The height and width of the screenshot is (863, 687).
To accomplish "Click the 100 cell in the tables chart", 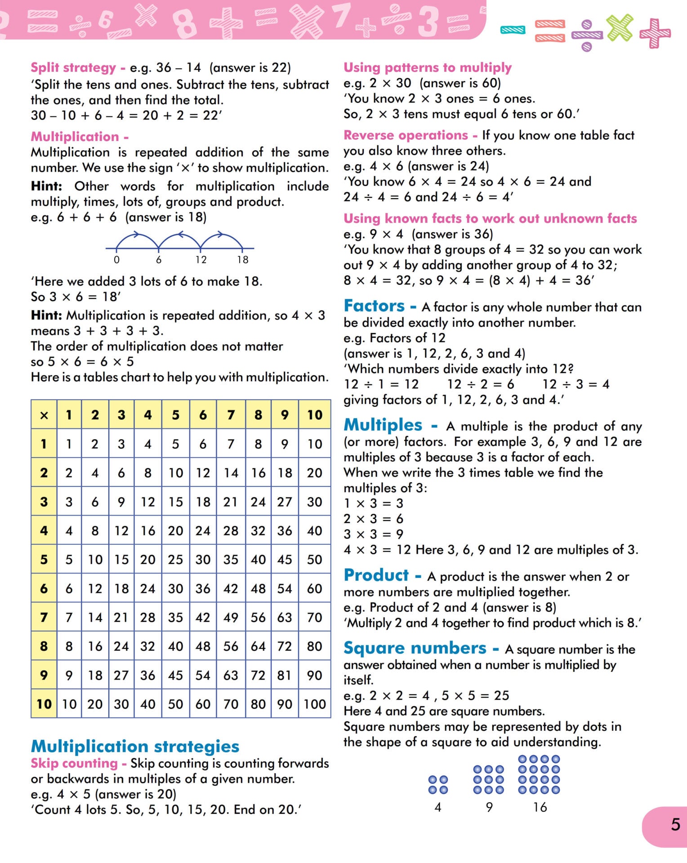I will [315, 704].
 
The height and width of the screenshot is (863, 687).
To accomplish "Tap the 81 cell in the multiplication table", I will [285, 675].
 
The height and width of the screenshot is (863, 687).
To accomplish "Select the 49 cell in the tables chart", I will [231, 617].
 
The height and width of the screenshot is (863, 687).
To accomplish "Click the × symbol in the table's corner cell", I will [44, 415].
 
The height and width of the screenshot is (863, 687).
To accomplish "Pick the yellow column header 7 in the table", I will [231, 415].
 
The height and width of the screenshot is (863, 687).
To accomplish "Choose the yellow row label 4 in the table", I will [44, 530].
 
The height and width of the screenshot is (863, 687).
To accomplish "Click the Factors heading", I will [375, 306].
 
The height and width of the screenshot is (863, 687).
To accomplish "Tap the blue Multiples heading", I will [383, 425].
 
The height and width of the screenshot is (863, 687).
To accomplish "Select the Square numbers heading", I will [415, 648].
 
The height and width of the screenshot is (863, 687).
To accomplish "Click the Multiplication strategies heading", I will [135, 746].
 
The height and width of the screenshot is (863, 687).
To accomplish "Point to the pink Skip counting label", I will [74, 763].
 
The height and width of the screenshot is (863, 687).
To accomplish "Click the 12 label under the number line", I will [201, 260].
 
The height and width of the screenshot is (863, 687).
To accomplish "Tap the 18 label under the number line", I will [243, 260].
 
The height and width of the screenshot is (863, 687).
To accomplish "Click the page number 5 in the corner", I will [675, 824].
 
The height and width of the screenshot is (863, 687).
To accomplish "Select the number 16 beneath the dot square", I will [540, 807].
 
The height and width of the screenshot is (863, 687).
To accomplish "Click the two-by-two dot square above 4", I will [438, 784].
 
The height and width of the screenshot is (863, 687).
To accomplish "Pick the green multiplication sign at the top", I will [620, 28].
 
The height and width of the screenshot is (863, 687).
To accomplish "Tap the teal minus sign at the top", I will [513, 30].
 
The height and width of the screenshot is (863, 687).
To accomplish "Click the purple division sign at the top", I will [587, 35].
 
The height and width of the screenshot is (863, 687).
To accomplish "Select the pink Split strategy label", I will [73, 67].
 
